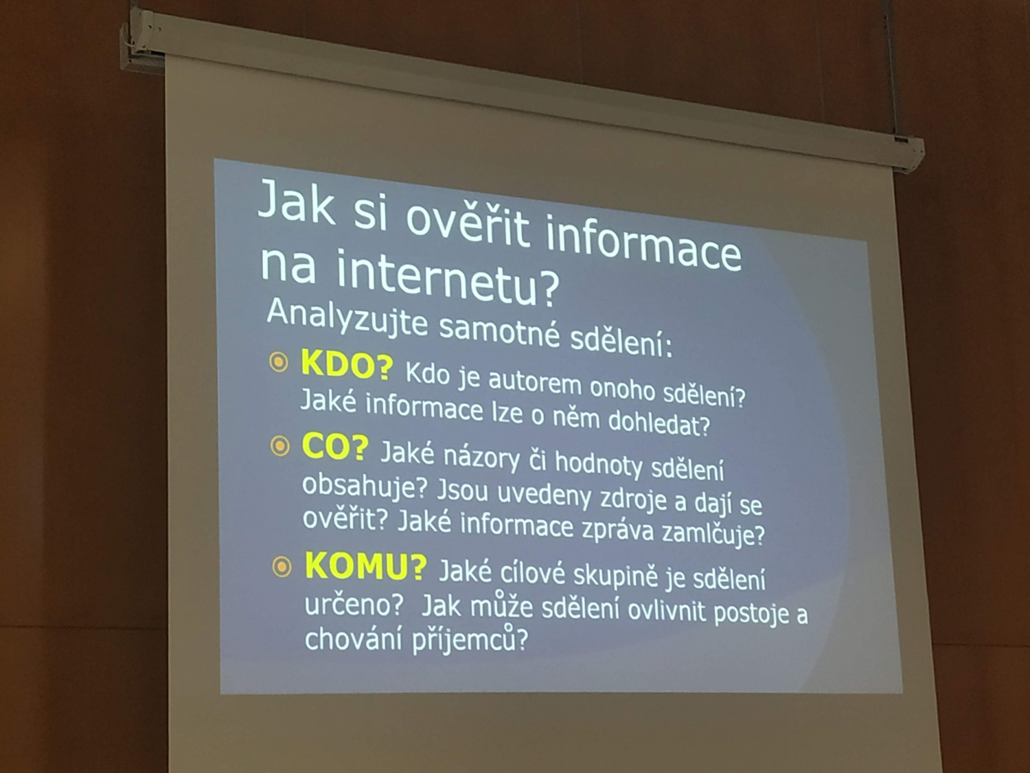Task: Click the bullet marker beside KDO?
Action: (x=279, y=362)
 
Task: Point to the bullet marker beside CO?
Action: (x=280, y=445)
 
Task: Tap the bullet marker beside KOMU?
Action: (x=282, y=567)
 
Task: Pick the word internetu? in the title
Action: (x=448, y=278)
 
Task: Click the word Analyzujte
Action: (x=347, y=319)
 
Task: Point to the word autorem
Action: (x=535, y=383)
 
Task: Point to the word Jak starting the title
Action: (x=297, y=203)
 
